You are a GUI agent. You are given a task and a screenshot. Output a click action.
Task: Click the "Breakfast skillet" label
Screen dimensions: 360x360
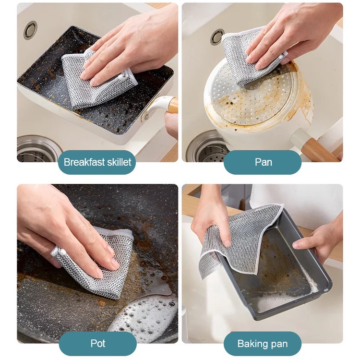coord(97,162)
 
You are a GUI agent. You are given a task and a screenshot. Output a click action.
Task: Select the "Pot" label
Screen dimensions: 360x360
coord(98,344)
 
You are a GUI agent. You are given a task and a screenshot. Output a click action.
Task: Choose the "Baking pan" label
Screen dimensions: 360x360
coord(263,344)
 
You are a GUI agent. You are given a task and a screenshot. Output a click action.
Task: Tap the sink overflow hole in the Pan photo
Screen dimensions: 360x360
coord(217,36)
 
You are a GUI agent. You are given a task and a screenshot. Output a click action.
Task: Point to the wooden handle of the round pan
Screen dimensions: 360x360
coord(322,149)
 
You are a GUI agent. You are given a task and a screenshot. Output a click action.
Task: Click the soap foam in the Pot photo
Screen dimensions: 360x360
coord(147,314)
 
